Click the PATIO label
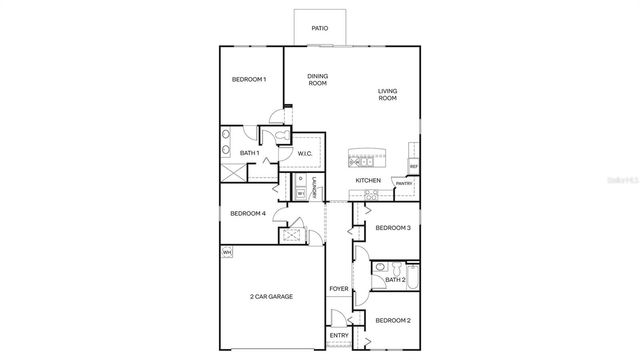pos(319,29)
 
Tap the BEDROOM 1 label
pos(249,80)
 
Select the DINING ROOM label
pos(318,80)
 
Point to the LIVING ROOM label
pos(387,95)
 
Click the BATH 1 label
pos(250,153)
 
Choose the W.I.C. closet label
pos(306,153)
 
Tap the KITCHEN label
pos(368,180)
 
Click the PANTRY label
pos(404,184)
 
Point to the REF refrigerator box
pos(413,166)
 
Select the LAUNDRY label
pos(314,187)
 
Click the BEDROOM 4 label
pos(248,213)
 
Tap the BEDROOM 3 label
pos(393,228)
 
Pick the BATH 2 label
pos(396,280)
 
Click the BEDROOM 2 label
pos(393,320)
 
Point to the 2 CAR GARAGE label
pos(271,297)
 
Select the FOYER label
pos(339,289)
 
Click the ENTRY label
pos(339,335)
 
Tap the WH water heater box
pos(226,251)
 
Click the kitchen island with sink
pos(367,157)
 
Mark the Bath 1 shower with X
pos(232,172)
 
